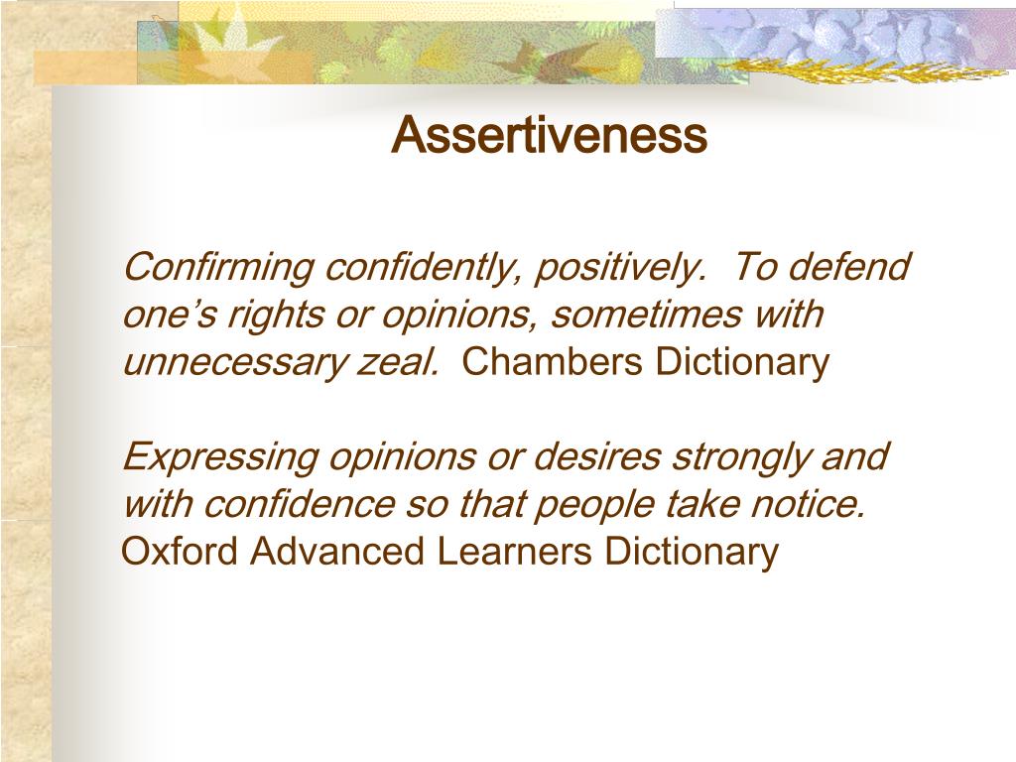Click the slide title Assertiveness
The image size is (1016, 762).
coord(549,136)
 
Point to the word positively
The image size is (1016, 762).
coord(622,268)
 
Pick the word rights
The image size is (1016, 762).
coord(275,316)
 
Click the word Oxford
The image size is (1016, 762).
coord(180,552)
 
